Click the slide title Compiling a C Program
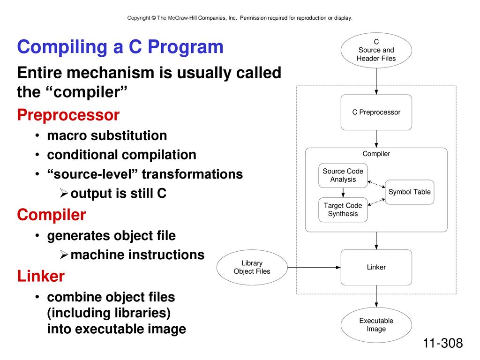120,47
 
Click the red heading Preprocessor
68,115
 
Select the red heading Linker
41,276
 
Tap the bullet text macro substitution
107,135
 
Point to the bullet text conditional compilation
121,155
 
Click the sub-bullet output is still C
119,193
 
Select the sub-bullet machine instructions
137,255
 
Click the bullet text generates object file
112,236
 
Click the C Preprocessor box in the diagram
376,112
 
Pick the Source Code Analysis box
343,175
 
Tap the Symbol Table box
410,192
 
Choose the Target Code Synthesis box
343,210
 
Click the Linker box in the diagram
376,267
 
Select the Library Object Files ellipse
252,267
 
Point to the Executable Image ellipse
376,325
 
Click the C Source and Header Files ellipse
376,50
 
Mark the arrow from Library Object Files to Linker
314,267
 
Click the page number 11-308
442,343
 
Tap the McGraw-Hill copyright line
240,18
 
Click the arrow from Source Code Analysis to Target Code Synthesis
343,193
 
